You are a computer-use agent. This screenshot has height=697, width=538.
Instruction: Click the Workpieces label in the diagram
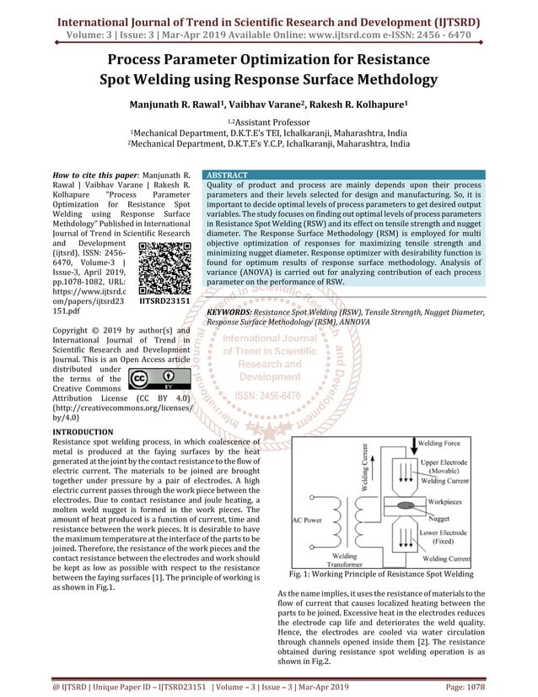pos(446,500)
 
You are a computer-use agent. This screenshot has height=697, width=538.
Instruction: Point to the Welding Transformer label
pos(343,560)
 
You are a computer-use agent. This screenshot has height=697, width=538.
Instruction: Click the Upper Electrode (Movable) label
pos(447,467)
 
